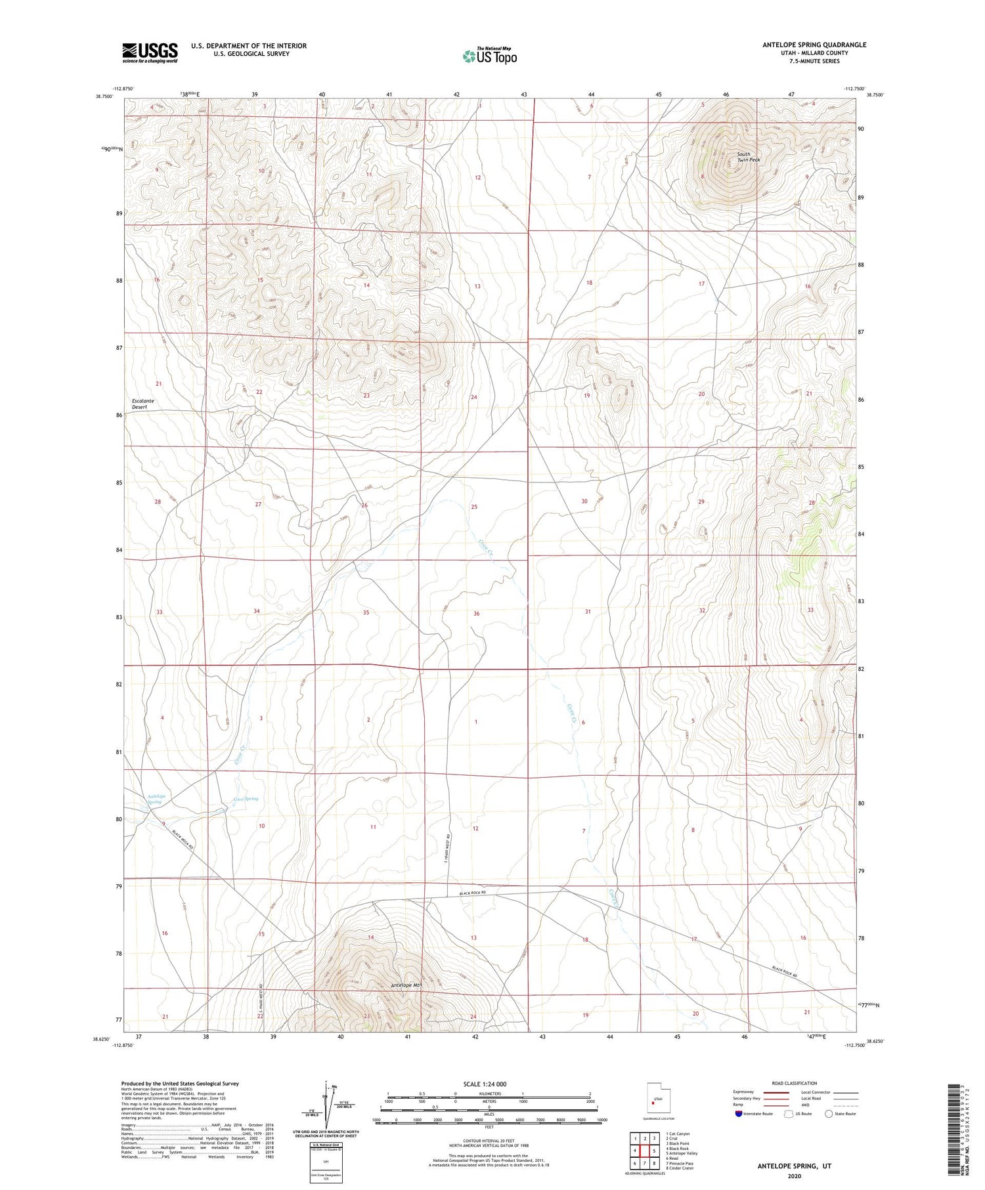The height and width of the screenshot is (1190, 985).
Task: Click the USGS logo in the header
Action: pyautogui.click(x=150, y=53)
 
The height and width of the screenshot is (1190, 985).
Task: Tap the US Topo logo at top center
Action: pyautogui.click(x=489, y=56)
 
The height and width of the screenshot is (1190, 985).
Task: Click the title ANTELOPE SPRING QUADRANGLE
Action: pyautogui.click(x=814, y=45)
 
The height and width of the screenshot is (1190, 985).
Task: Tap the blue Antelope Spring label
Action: pyautogui.click(x=156, y=799)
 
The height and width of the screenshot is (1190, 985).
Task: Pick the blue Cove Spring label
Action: pyautogui.click(x=246, y=799)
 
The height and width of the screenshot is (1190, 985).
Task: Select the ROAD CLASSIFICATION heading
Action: pyautogui.click(x=795, y=1083)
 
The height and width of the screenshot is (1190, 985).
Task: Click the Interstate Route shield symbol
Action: pyautogui.click(x=739, y=1113)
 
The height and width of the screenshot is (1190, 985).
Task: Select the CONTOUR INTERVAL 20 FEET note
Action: pyautogui.click(x=487, y=1141)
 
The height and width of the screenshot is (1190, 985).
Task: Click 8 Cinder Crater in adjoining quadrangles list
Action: pyautogui.click(x=679, y=1168)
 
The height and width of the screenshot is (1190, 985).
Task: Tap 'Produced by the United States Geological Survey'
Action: pyautogui.click(x=180, y=1084)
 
